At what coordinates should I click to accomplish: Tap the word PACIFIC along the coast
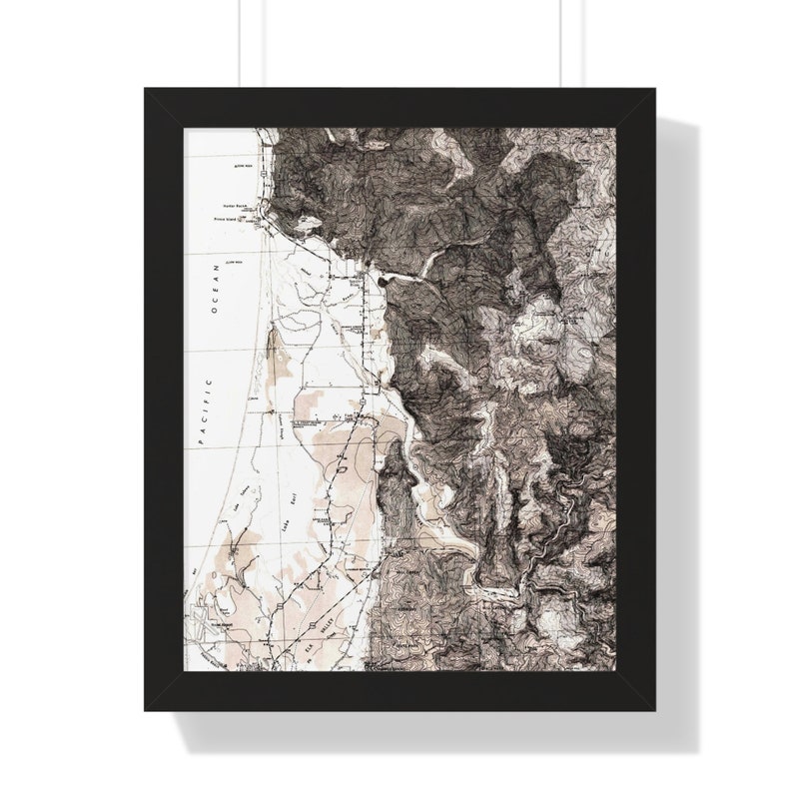point(209,411)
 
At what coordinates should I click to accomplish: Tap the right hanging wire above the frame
point(560,45)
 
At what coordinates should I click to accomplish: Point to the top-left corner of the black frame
point(146,90)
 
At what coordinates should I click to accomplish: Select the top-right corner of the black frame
point(653,90)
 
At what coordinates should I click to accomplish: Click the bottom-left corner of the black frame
point(146,709)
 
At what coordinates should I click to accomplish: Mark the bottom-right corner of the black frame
point(653,709)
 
